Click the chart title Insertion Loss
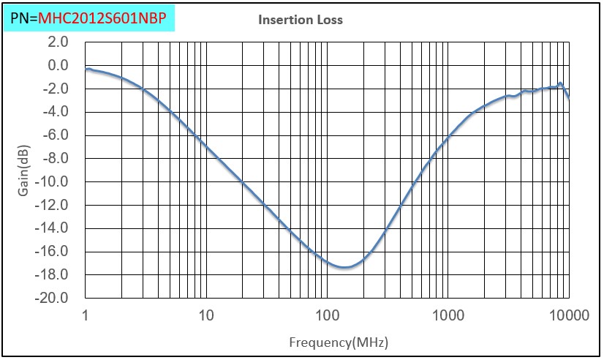pyautogui.click(x=300, y=20)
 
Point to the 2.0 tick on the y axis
pyautogui.click(x=57, y=42)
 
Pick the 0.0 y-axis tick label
pyautogui.click(x=57, y=66)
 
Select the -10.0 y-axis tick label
pyautogui.click(x=53, y=182)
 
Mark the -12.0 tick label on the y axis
pyautogui.click(x=53, y=206)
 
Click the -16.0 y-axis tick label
pyautogui.click(x=53, y=252)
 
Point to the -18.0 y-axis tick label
pyautogui.click(x=53, y=275)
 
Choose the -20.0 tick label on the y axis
pyautogui.click(x=53, y=299)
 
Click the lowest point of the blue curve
pyautogui.click(x=345, y=267)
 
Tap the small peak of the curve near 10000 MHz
pyautogui.click(x=560, y=84)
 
